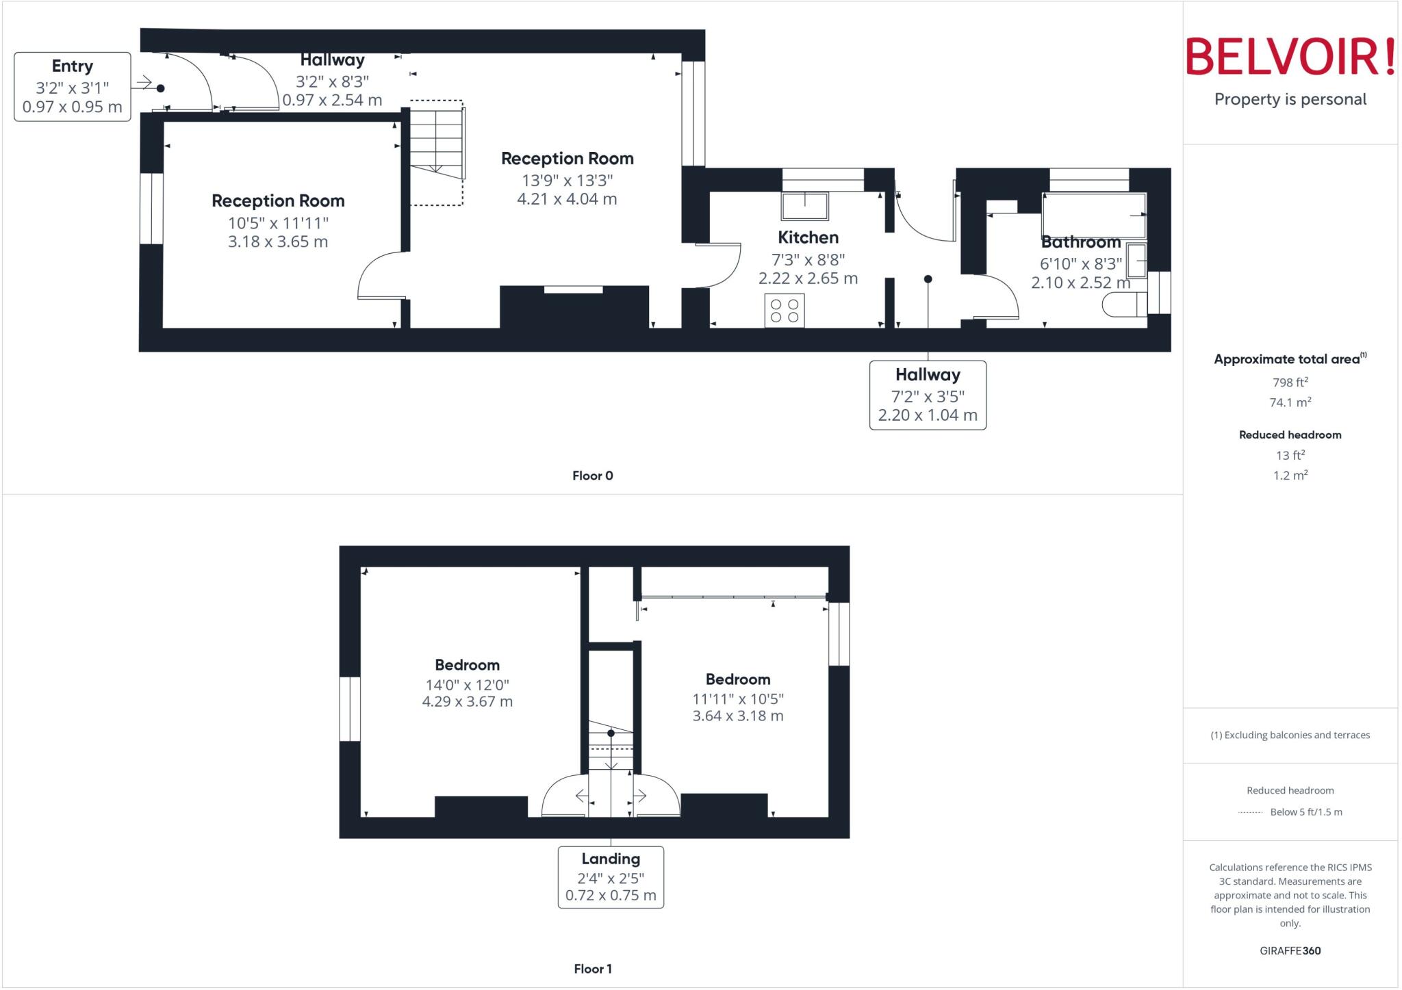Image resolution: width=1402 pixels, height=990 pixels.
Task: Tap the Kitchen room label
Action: [808, 237]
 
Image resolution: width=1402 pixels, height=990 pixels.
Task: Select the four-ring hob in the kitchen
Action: [785, 311]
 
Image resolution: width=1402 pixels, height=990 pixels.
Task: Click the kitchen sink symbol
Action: [805, 206]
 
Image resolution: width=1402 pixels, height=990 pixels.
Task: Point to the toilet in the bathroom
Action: [1123, 304]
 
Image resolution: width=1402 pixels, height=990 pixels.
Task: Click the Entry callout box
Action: [73, 87]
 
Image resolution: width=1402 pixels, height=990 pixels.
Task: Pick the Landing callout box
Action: [611, 877]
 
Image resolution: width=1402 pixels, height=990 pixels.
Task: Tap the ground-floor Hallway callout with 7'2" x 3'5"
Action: [928, 395]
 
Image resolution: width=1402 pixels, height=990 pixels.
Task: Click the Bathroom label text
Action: [1080, 242]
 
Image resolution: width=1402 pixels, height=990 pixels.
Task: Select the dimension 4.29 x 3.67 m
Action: [467, 701]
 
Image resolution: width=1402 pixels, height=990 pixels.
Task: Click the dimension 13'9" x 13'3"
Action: [567, 180]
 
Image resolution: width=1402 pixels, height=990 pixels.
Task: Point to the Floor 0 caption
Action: [593, 476]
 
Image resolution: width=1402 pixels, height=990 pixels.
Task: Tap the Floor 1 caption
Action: [593, 969]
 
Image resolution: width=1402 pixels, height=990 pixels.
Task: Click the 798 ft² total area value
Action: [1290, 382]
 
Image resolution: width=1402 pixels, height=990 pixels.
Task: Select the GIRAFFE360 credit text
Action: [1290, 950]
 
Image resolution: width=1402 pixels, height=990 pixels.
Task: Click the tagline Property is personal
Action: [1290, 99]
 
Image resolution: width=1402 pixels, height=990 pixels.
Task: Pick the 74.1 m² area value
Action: [1290, 402]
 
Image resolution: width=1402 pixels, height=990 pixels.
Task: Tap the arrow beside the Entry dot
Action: [143, 83]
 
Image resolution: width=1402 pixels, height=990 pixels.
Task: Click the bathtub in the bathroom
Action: [1093, 215]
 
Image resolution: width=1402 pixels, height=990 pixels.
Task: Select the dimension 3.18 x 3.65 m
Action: [278, 242]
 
